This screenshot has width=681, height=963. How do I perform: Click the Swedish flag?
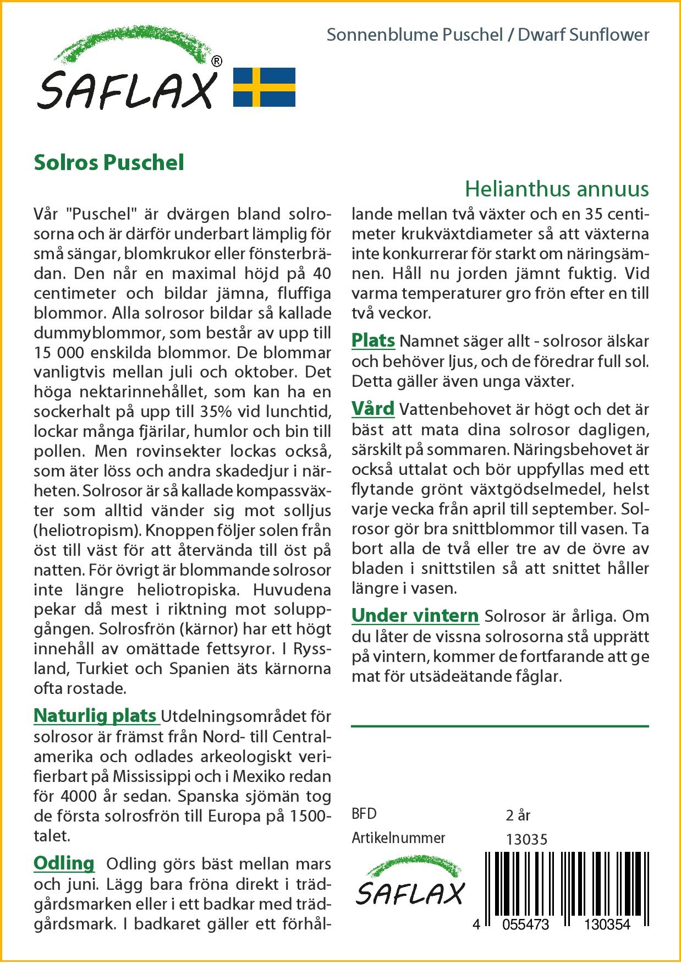[x=264, y=87]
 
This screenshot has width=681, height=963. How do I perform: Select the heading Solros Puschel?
[x=109, y=163]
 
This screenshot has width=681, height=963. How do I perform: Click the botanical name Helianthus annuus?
[x=557, y=189]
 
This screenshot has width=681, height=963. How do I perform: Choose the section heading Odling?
[x=64, y=863]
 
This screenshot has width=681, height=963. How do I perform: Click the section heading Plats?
[x=373, y=341]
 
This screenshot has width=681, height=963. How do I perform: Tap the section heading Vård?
[x=373, y=409]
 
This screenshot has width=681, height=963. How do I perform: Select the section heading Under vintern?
[x=415, y=615]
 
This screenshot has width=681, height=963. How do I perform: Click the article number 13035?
[x=526, y=839]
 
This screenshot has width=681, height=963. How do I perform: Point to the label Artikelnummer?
[x=398, y=838]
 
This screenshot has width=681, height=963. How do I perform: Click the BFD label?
[x=364, y=814]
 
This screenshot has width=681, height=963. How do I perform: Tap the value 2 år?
[x=518, y=815]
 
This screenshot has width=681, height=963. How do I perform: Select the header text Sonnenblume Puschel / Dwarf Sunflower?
[x=488, y=35]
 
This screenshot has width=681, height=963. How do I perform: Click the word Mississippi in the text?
[x=149, y=776]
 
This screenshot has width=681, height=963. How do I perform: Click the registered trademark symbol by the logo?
[x=217, y=62]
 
